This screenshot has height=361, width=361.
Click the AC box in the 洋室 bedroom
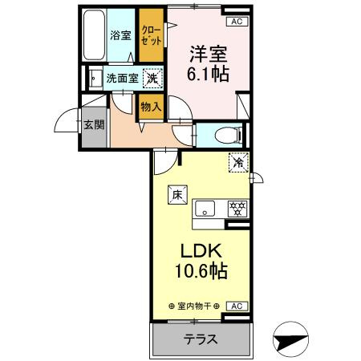[237, 22]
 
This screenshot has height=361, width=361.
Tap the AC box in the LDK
[237, 306]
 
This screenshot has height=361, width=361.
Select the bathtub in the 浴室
[94, 35]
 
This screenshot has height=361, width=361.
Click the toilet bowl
[226, 135]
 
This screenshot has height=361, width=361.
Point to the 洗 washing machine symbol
[152, 79]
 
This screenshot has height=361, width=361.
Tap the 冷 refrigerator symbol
[238, 162]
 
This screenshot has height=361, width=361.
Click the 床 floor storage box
[177, 195]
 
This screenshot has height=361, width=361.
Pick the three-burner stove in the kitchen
[237, 209]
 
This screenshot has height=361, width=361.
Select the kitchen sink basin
[205, 209]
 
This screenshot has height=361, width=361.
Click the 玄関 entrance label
[94, 124]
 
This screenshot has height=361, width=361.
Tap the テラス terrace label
[201, 339]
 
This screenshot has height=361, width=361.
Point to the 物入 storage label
[151, 107]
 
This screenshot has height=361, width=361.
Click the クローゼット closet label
[152, 35]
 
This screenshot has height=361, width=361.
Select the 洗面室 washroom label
[123, 79]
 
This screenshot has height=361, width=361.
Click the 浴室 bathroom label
[120, 35]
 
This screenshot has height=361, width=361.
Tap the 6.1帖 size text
[208, 74]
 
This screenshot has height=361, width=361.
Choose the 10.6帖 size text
[201, 271]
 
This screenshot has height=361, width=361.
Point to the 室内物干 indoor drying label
[194, 306]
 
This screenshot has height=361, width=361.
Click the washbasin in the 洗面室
[95, 79]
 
